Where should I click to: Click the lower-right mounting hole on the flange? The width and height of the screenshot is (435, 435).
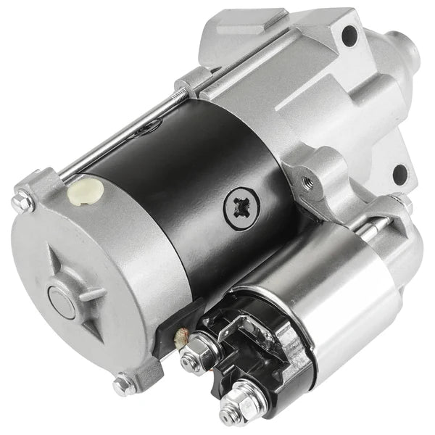(398, 174)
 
